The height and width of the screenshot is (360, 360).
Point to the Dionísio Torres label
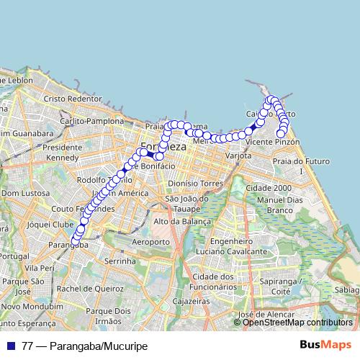[x=193, y=184]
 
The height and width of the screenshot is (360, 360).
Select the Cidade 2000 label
[x=268, y=187]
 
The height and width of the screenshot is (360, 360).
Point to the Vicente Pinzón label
[x=272, y=143]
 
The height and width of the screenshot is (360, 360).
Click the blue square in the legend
[x=12, y=346]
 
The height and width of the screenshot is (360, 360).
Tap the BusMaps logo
[x=325, y=346]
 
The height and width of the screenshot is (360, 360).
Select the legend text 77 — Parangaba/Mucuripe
[x=84, y=346]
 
